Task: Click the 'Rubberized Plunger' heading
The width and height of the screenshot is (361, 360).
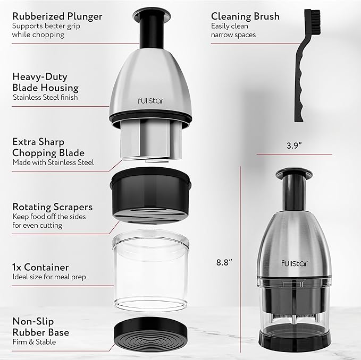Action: tap(56, 16)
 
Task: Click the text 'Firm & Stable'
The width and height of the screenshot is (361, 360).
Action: tap(34, 342)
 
